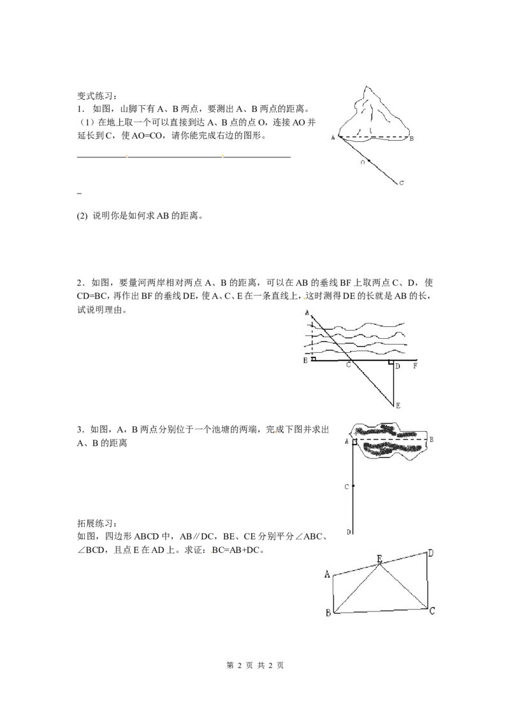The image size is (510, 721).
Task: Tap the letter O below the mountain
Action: (x=362, y=163)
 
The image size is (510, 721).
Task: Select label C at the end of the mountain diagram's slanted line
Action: (x=401, y=183)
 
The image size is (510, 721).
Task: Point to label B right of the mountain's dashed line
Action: (x=412, y=138)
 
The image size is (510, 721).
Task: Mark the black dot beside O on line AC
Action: (x=369, y=161)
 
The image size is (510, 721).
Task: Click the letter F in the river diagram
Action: (x=415, y=366)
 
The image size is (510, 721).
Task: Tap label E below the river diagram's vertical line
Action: (x=398, y=406)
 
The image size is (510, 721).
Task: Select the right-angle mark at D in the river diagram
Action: (x=391, y=362)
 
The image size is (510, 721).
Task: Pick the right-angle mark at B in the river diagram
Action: (x=314, y=359)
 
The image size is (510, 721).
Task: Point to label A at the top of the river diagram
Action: (x=307, y=313)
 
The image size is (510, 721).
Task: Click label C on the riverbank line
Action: (x=348, y=366)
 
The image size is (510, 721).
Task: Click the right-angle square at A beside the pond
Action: (x=355, y=441)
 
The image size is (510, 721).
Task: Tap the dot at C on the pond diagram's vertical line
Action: (x=353, y=486)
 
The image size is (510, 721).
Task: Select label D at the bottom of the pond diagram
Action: (x=348, y=532)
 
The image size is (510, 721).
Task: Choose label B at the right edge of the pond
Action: (x=432, y=439)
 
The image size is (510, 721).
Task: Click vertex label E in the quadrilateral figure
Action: (x=379, y=559)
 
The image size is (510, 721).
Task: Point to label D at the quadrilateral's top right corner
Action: (x=431, y=553)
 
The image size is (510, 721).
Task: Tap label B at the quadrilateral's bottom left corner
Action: (x=328, y=613)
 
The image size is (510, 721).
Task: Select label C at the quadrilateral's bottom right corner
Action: (x=432, y=611)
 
